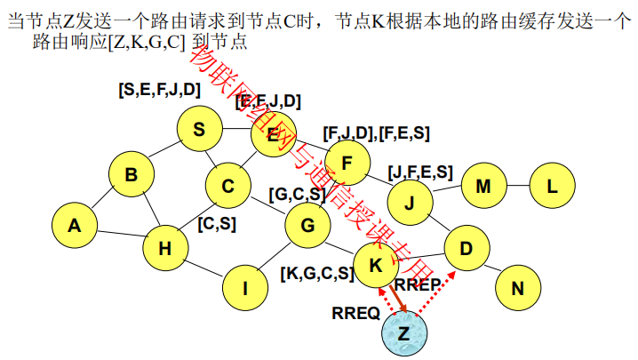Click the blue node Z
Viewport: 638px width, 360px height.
tap(404, 333)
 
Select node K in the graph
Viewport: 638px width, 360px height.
tap(376, 263)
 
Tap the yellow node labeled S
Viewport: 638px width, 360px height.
tap(199, 130)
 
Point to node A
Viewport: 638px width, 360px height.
tap(75, 226)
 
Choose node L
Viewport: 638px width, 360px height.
tap(552, 186)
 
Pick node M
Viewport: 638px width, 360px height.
tap(483, 186)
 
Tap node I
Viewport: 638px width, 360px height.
tap(246, 286)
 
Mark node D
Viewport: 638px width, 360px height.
tap(466, 248)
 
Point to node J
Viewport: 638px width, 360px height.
tap(410, 203)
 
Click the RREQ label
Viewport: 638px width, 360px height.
tap(355, 313)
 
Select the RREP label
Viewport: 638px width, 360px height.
tap(418, 285)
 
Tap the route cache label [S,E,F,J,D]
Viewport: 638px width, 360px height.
tap(159, 90)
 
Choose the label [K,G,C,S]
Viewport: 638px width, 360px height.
tap(316, 273)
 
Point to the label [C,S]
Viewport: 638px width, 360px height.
tap(217, 224)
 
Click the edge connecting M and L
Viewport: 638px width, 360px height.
tap(518, 186)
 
